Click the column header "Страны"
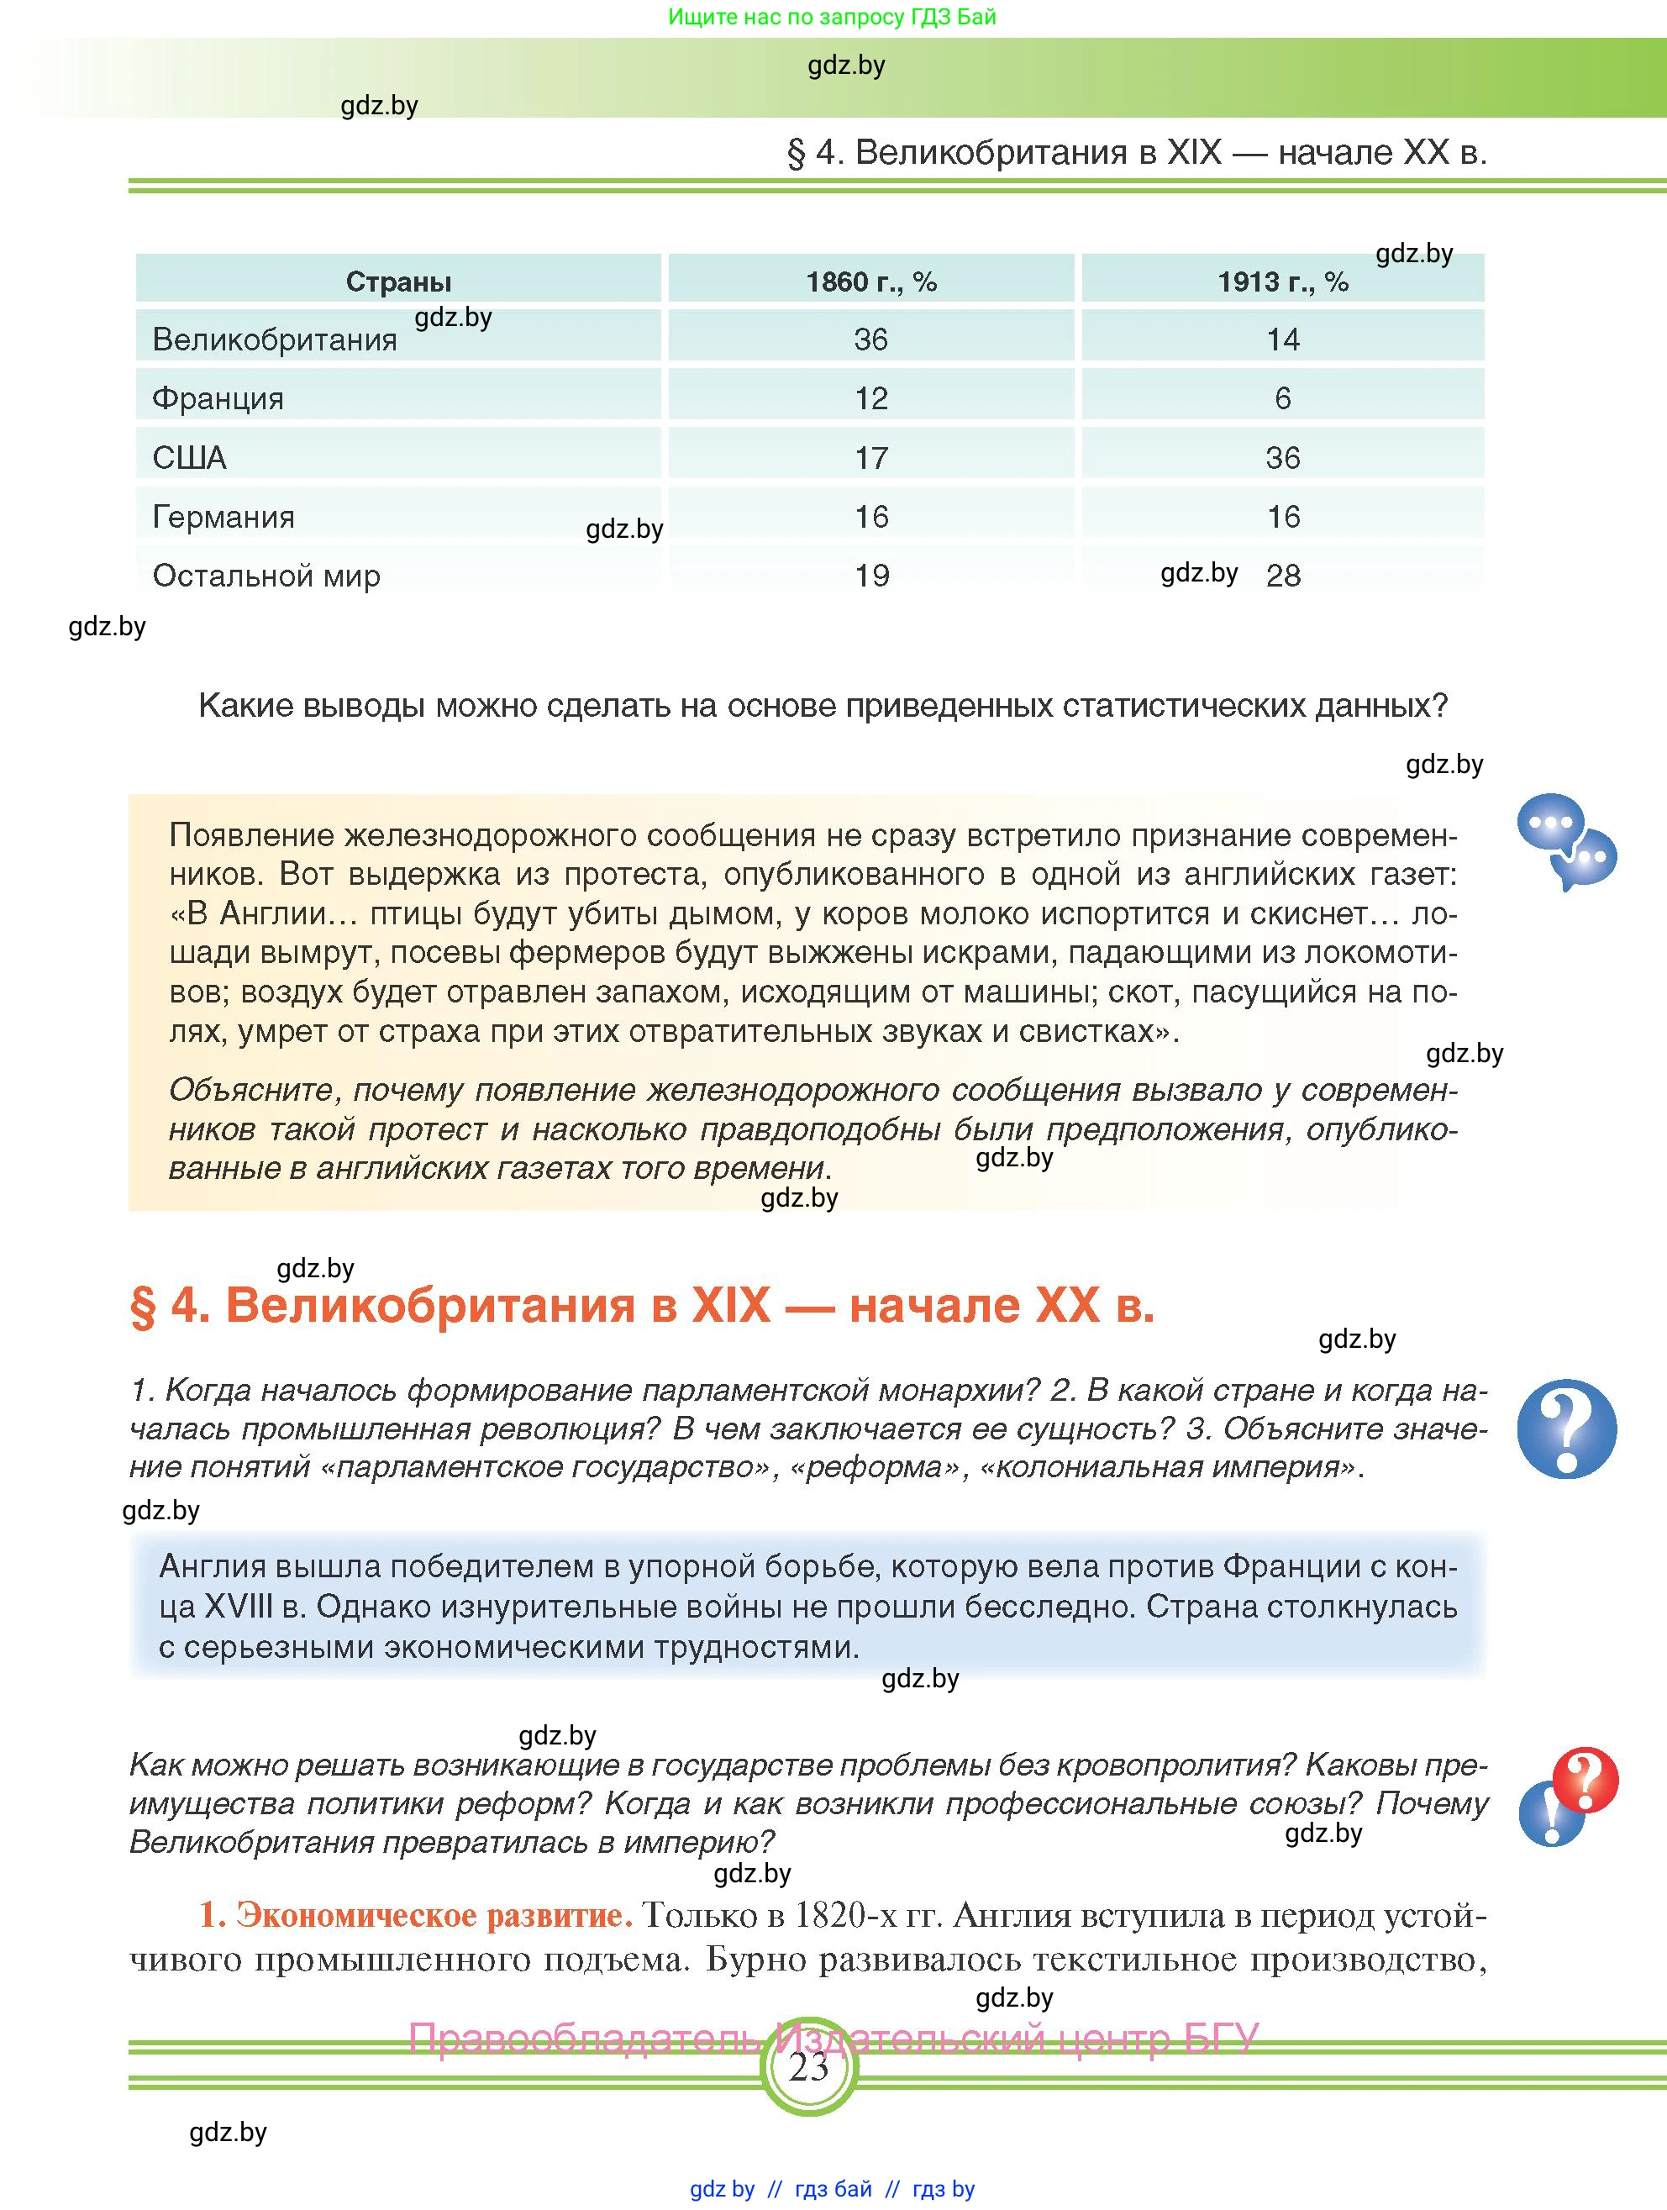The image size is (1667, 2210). pos(398,282)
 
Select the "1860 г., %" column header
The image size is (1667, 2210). pos(871,282)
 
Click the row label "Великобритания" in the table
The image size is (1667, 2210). pos(275,339)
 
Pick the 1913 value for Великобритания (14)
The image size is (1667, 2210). pos(1284,339)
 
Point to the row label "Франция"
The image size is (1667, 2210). pos(218,398)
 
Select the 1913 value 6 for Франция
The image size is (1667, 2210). pos(1284,398)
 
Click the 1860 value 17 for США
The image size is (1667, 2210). pos(871,458)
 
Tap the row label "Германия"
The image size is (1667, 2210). pos(223,517)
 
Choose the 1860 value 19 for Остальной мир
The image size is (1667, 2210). pos(871,576)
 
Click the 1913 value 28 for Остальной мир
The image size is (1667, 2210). pos(1284,576)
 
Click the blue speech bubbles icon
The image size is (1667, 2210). pos(1565,840)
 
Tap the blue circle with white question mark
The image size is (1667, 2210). pos(1565,1429)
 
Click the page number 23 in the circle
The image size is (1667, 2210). pos(809,2066)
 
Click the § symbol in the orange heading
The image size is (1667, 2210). pos(144,1306)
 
